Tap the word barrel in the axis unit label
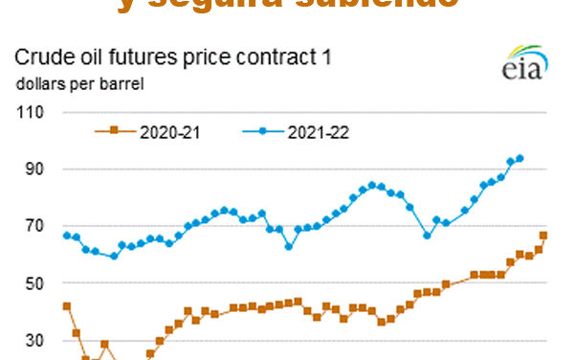(x=121, y=83)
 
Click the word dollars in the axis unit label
(x=39, y=83)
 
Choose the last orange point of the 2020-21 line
(x=543, y=236)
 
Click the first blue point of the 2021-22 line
(x=66, y=235)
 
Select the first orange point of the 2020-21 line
(x=66, y=306)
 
